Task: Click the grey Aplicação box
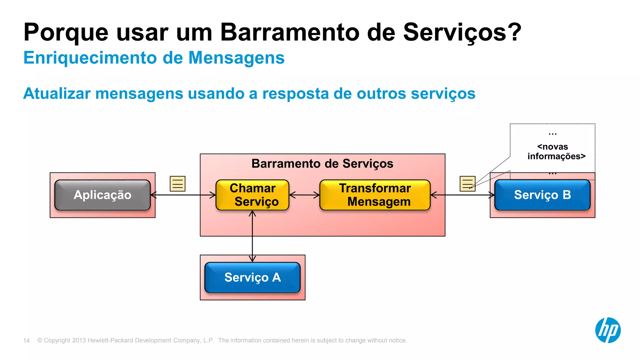[x=102, y=195]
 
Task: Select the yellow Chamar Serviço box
[x=252, y=195]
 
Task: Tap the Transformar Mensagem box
[x=375, y=195]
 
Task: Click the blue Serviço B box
[x=542, y=195]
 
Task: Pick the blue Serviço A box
[x=252, y=277]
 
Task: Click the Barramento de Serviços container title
[x=322, y=164]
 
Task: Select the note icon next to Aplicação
[x=177, y=184]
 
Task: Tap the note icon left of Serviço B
[x=467, y=184]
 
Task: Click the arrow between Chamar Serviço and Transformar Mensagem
[x=304, y=195]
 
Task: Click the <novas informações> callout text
[x=556, y=152]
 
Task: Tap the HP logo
[x=608, y=330]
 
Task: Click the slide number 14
[x=27, y=341]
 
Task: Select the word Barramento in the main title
[x=290, y=32]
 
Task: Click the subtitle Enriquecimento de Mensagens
[x=154, y=58]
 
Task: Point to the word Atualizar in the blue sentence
[x=57, y=93]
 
